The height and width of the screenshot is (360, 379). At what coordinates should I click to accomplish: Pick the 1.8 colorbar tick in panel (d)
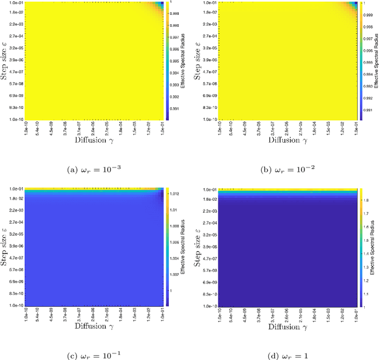point(366,201)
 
